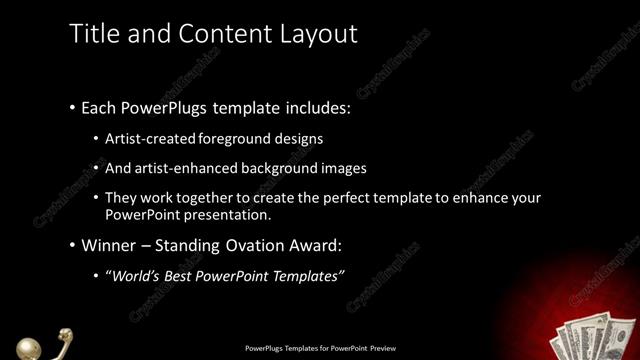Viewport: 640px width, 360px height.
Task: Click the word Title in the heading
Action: point(93,33)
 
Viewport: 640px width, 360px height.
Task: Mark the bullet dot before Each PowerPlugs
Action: point(72,106)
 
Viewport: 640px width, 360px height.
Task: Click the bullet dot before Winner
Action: point(72,245)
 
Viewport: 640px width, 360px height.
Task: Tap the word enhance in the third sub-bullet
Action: point(483,198)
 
